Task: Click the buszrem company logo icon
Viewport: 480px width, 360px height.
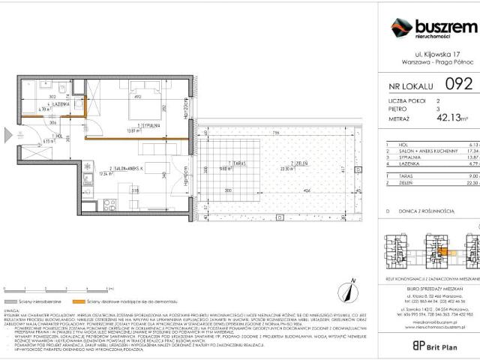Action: tap(402, 29)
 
